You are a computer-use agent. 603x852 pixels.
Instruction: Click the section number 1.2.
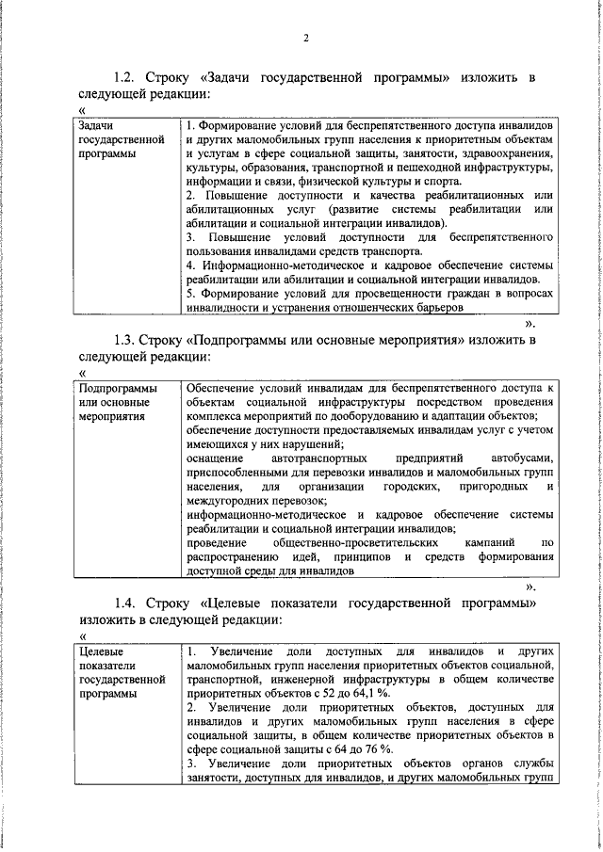pyautogui.click(x=124, y=76)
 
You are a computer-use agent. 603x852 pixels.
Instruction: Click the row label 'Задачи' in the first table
pyautogui.click(x=97, y=124)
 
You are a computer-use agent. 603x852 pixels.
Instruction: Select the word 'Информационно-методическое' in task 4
pyautogui.click(x=267, y=265)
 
